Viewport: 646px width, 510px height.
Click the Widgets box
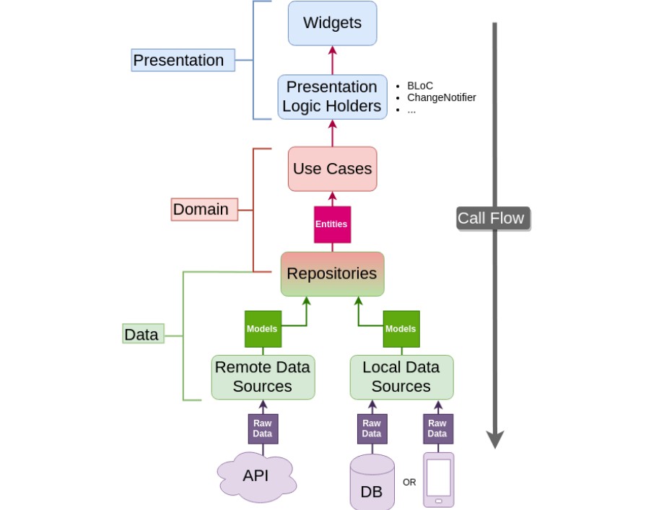point(332,23)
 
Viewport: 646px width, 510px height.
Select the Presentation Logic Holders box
point(332,97)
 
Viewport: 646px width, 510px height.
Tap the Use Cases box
point(332,169)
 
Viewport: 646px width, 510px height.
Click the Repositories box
point(332,274)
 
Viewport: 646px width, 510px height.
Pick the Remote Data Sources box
point(263,377)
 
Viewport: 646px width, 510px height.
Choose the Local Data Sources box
point(401,377)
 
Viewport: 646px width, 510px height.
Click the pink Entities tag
point(332,224)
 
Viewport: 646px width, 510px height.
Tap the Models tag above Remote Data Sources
point(263,329)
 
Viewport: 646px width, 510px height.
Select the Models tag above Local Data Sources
point(401,329)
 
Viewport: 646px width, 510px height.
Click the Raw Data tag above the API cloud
point(263,428)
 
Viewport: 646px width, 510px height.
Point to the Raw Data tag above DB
point(372,428)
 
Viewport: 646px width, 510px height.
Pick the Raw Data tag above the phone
point(437,428)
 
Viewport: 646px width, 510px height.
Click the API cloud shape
point(256,476)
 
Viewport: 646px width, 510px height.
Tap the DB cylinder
point(372,483)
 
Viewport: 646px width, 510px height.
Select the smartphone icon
point(438,480)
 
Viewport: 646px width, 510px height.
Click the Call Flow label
point(492,218)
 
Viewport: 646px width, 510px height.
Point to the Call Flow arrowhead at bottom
point(494,439)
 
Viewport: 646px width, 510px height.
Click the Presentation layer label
point(183,60)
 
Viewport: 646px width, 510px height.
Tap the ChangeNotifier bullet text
point(441,97)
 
